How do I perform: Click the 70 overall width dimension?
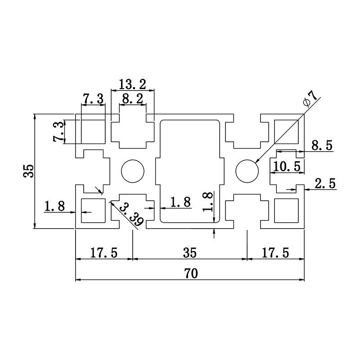pos(190,273)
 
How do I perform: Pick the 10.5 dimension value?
pos(287,166)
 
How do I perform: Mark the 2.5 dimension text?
pos(325,183)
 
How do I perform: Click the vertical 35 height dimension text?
pos(29,171)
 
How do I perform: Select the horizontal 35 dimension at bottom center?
pos(190,253)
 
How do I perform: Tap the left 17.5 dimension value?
pos(103,253)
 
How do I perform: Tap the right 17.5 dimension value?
pos(275,253)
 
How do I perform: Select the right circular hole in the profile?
pos(247,171)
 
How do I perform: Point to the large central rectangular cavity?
pos(190,171)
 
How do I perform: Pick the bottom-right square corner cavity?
pos(287,211)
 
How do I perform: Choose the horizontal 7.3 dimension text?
pos(93,99)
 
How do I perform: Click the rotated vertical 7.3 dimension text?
pos(58,132)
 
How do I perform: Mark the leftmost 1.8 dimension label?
pos(54,207)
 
